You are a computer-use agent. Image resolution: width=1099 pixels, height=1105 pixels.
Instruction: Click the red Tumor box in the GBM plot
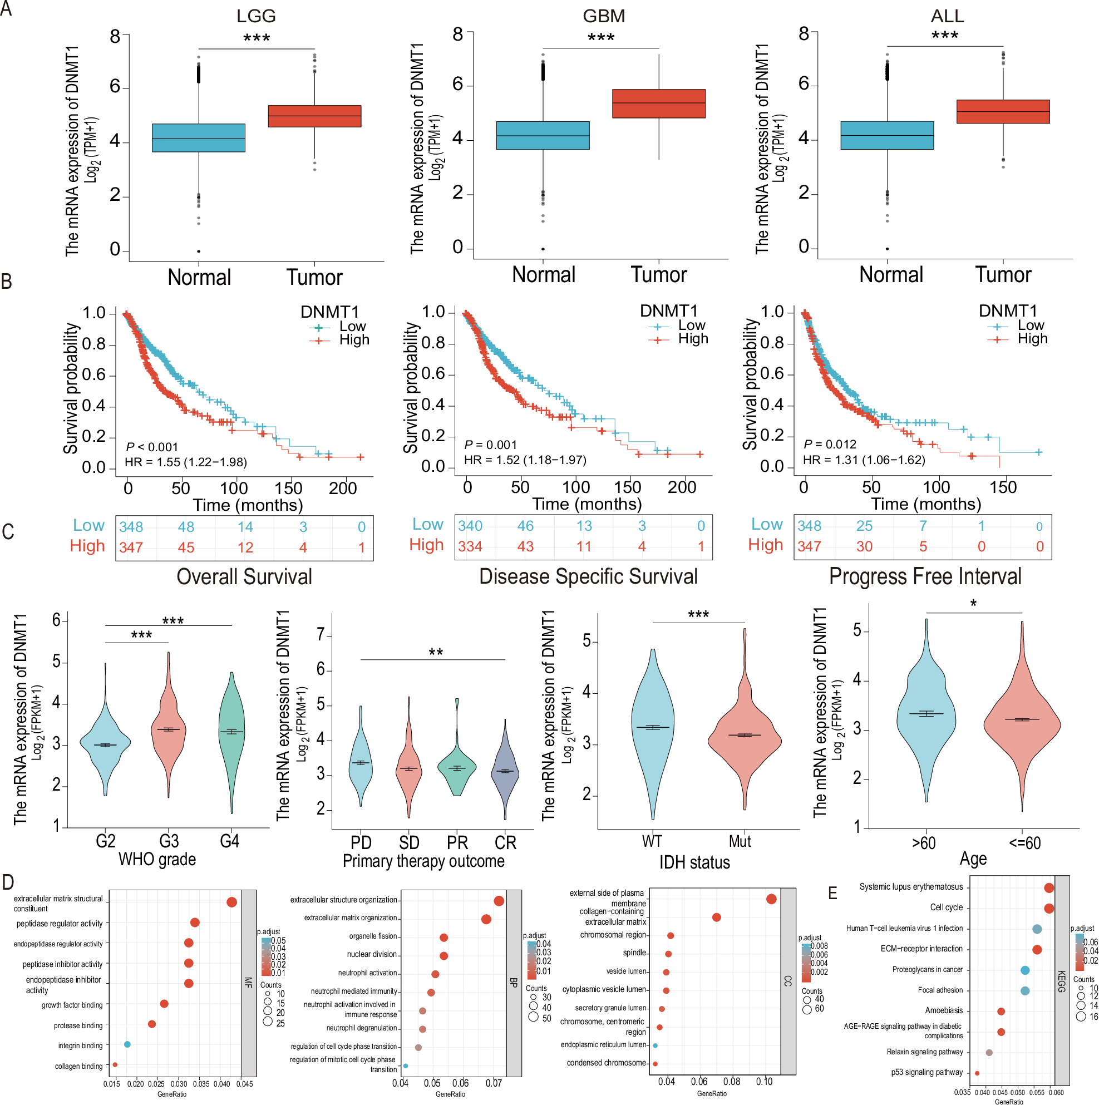coord(658,103)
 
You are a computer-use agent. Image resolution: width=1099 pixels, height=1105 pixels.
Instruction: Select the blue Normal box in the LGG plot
coord(199,138)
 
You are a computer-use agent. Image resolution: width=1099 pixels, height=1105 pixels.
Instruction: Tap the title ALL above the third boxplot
coord(947,16)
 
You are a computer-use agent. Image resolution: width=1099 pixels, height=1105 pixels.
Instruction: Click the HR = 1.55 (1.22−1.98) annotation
coord(186,462)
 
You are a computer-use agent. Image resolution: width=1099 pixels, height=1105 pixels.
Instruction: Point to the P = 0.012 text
coord(830,445)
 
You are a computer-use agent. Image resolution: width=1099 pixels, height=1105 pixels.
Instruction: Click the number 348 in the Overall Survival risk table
coord(131,527)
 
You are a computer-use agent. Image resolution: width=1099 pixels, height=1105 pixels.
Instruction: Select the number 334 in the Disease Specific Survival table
coord(470,546)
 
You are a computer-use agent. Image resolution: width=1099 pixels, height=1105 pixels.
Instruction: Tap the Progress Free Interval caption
coord(925,576)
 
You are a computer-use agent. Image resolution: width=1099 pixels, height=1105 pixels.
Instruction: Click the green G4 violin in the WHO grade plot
coord(231,738)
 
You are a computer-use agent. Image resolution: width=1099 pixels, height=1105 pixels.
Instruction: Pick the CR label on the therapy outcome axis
coord(505,842)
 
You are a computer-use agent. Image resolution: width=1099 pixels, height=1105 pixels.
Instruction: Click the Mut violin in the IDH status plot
coord(745,738)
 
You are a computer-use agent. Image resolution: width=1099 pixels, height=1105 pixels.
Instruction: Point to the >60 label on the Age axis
coord(923,843)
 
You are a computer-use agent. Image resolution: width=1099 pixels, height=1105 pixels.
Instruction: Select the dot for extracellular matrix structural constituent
coord(231,902)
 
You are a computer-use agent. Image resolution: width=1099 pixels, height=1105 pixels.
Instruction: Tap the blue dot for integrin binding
coord(127,1045)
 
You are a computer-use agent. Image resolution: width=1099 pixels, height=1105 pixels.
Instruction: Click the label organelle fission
coord(373,936)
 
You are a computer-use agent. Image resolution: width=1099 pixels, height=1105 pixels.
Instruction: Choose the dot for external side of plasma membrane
coord(771,899)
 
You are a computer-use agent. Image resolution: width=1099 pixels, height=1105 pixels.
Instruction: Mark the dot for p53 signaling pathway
coord(977,1073)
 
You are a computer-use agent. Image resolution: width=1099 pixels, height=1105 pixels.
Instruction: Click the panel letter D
coord(8,882)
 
